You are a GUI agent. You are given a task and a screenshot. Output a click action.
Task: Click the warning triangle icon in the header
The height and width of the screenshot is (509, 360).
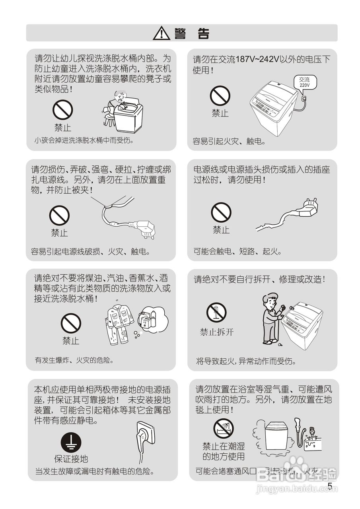(x=161, y=33)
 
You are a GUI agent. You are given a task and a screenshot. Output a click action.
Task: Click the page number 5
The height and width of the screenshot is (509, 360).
(x=330, y=486)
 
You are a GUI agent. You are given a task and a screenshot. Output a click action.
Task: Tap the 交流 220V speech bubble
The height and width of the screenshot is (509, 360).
(x=304, y=82)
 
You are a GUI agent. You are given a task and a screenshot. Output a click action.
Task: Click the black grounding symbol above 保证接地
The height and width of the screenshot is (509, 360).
(x=71, y=443)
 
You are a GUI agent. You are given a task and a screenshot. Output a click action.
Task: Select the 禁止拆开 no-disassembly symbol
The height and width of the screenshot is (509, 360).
(x=216, y=313)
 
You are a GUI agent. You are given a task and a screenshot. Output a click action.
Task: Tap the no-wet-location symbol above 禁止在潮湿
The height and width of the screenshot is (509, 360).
(x=223, y=429)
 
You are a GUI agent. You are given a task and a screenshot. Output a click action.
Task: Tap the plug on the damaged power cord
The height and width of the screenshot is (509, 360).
(x=309, y=208)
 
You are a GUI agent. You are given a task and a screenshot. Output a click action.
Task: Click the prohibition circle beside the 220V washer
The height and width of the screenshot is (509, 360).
(x=220, y=96)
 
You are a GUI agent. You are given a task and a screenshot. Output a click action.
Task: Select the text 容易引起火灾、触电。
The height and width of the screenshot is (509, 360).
(x=229, y=141)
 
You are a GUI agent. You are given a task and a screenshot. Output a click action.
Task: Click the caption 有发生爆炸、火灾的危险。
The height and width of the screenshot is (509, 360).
(x=74, y=360)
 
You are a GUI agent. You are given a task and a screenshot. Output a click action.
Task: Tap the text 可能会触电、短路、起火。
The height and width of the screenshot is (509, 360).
(x=237, y=251)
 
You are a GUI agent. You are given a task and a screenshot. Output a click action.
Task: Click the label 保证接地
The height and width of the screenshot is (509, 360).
(x=71, y=459)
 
